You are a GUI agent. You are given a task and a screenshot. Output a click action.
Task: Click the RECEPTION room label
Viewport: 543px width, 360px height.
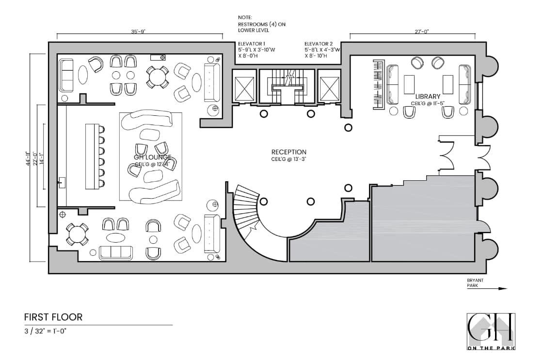pos(288,152)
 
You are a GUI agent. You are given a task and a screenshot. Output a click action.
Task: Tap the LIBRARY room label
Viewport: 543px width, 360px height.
pos(428,96)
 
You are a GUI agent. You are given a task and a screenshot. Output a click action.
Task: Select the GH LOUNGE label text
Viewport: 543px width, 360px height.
pos(152,157)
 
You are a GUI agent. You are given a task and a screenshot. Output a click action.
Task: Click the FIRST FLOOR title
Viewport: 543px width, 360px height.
pos(53,317)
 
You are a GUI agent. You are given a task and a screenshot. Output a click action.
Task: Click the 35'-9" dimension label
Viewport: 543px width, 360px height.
pos(137,31)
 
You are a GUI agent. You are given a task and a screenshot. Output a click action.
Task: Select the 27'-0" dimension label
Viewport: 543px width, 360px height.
pos(421,31)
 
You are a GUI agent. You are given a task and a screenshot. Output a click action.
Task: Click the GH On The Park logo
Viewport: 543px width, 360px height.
pos(491,331)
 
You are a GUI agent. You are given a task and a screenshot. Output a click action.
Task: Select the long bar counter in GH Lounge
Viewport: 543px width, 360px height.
pos(92,157)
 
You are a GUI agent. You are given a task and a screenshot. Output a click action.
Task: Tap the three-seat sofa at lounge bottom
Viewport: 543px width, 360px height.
pos(115,252)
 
